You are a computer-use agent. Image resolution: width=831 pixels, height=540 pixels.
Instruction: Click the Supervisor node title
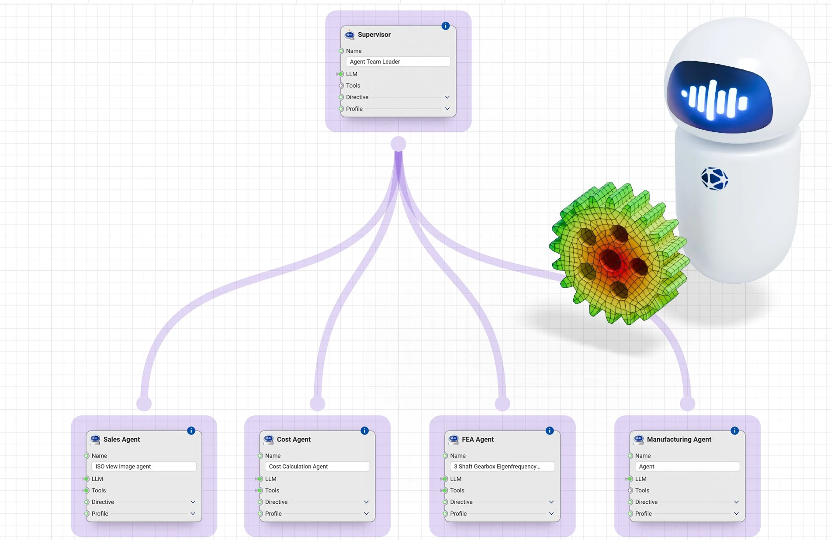[374, 34]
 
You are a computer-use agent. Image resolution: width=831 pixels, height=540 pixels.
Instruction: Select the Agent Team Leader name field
[398, 62]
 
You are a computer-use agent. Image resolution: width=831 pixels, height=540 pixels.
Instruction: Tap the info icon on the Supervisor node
[445, 26]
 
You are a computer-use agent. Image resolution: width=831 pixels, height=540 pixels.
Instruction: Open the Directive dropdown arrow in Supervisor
[447, 97]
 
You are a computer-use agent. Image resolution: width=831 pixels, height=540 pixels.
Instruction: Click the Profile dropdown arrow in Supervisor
[447, 109]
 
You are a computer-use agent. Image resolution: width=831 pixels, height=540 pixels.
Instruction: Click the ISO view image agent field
[144, 466]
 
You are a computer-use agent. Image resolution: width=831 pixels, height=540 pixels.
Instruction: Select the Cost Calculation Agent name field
[317, 466]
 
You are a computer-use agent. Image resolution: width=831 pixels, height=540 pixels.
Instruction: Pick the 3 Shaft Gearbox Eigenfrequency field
[502, 466]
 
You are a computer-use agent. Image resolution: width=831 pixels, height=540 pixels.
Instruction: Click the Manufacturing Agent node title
[679, 439]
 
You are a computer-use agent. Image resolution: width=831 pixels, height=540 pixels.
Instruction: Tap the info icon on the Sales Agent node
[191, 430]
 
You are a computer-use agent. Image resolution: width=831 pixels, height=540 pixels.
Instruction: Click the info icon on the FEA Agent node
[550, 430]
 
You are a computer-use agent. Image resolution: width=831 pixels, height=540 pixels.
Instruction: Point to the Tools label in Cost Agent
[272, 490]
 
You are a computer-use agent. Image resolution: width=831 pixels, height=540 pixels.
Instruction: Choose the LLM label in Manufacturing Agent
[641, 478]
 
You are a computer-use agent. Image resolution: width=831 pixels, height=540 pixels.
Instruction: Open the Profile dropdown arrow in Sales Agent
[193, 513]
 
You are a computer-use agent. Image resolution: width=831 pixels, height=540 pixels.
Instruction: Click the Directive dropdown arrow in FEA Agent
[551, 502]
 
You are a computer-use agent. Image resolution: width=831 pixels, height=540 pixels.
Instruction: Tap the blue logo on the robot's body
[714, 179]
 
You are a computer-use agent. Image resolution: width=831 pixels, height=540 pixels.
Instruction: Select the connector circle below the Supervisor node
[398, 144]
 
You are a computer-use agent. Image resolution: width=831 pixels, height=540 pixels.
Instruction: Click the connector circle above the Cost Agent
[318, 403]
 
